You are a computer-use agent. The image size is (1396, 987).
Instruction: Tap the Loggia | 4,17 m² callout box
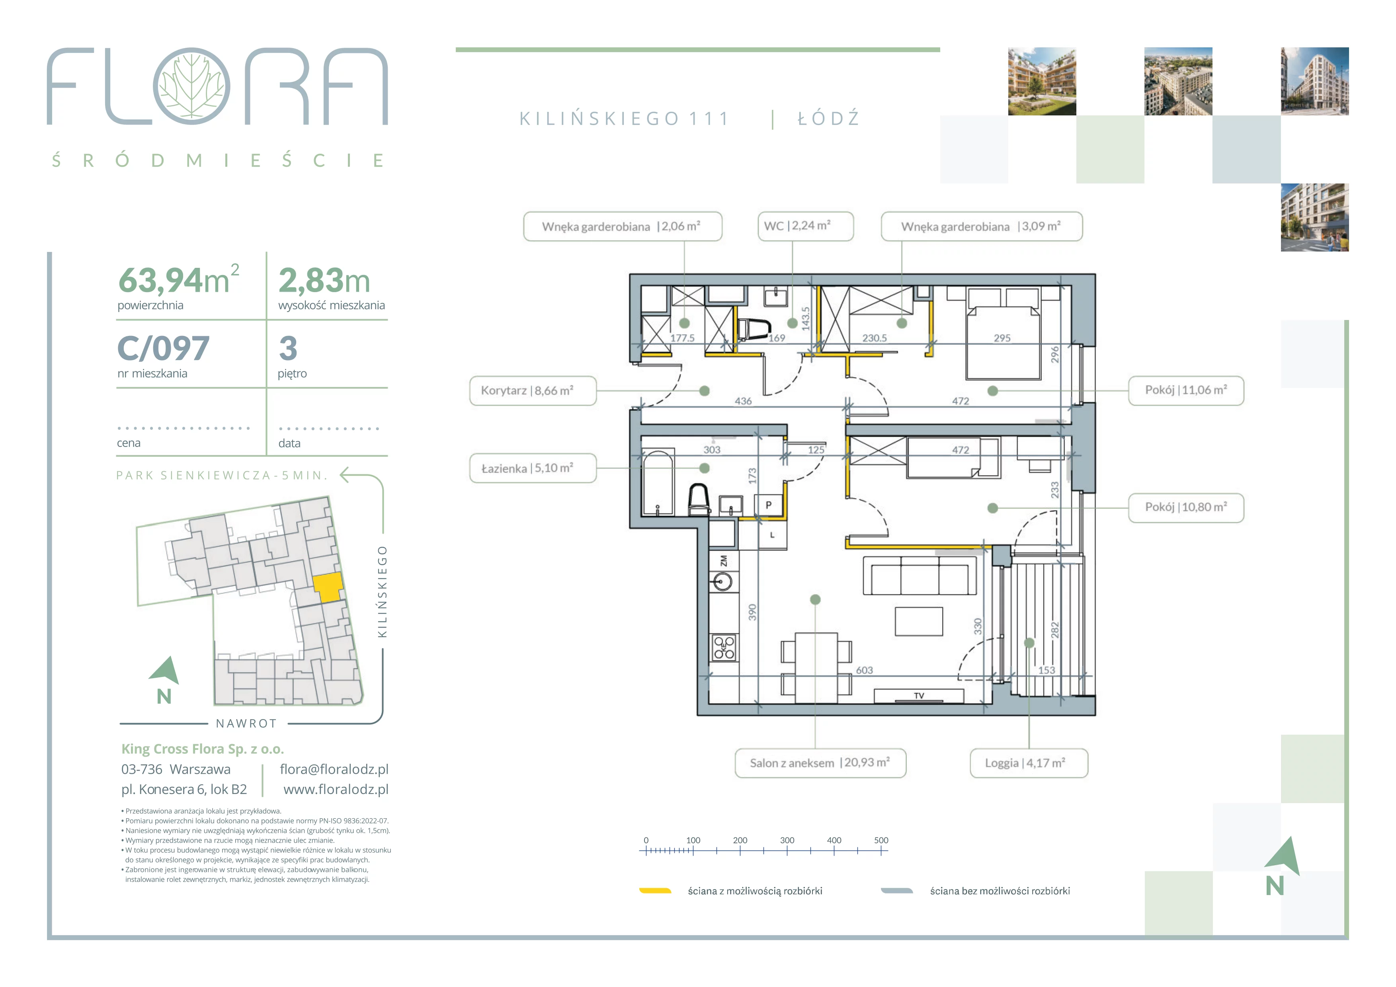[x=1028, y=763]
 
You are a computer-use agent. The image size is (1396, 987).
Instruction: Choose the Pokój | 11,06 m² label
[x=1186, y=390]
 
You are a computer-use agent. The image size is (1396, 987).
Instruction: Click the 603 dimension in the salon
[x=864, y=670]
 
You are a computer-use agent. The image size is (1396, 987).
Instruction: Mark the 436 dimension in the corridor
[x=743, y=401]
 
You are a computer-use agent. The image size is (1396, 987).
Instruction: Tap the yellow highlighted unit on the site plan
[x=328, y=587]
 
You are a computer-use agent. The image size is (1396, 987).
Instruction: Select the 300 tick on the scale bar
[x=787, y=850]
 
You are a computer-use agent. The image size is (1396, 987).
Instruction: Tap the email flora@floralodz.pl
[x=334, y=769]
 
